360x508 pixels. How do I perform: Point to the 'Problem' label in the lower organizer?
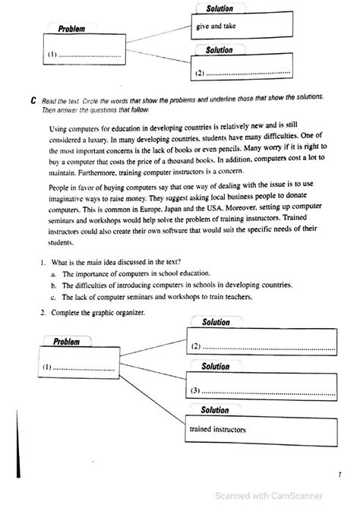[x=67, y=342]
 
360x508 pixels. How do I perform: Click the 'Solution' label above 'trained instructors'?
[x=215, y=410]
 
